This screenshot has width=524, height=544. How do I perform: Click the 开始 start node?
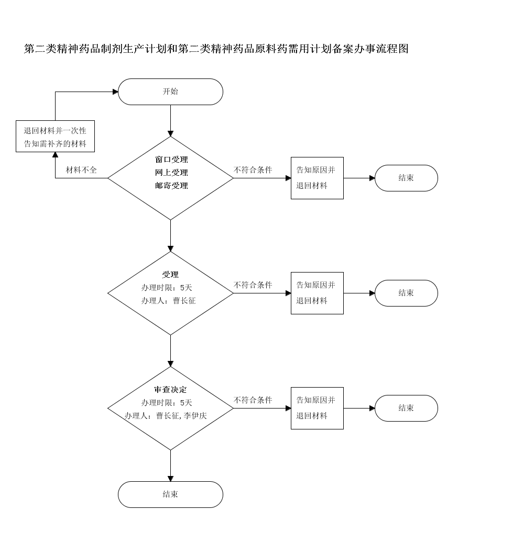pos(170,92)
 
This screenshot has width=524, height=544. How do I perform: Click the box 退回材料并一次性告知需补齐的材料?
pos(55,137)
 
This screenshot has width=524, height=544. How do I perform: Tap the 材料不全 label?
pos(81,170)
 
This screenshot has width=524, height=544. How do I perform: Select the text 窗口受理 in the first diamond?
pos(171,160)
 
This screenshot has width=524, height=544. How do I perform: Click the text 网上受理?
pos(171,173)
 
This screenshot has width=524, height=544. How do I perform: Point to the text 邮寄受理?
pos(171,186)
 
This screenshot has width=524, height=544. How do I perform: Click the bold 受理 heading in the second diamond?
pos(170,275)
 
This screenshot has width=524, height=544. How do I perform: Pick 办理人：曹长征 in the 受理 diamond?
pos(168,301)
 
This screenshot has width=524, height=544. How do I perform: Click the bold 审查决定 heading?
pos(170,390)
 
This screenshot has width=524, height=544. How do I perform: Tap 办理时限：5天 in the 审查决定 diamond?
pos(167,403)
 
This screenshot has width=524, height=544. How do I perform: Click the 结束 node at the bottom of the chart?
pos(170,494)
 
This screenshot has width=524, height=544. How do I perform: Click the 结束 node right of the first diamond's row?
pos(406,178)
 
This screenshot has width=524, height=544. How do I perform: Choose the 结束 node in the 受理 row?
pos(406,293)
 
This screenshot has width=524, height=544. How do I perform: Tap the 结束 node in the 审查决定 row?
pos(406,408)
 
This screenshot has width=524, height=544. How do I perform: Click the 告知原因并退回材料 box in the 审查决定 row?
pos(317,408)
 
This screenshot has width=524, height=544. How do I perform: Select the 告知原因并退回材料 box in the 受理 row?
pos(317,293)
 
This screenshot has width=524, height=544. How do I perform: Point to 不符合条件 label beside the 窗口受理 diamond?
pos(253,170)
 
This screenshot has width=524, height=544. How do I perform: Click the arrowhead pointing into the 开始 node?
pos(115,92)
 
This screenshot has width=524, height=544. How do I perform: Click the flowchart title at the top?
pos(216,49)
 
